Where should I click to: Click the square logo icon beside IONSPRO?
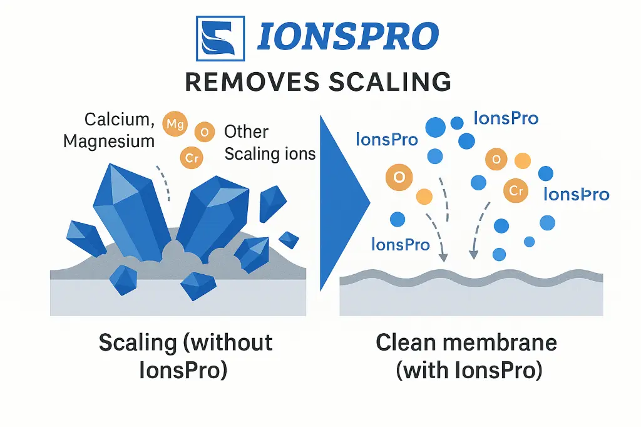click(217, 37)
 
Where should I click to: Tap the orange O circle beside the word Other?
click(204, 132)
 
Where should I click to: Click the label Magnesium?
click(108, 141)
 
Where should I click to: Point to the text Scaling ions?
click(270, 153)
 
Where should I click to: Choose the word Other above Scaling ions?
click(246, 132)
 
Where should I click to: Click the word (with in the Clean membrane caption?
click(426, 369)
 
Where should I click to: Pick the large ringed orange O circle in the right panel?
click(399, 177)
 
